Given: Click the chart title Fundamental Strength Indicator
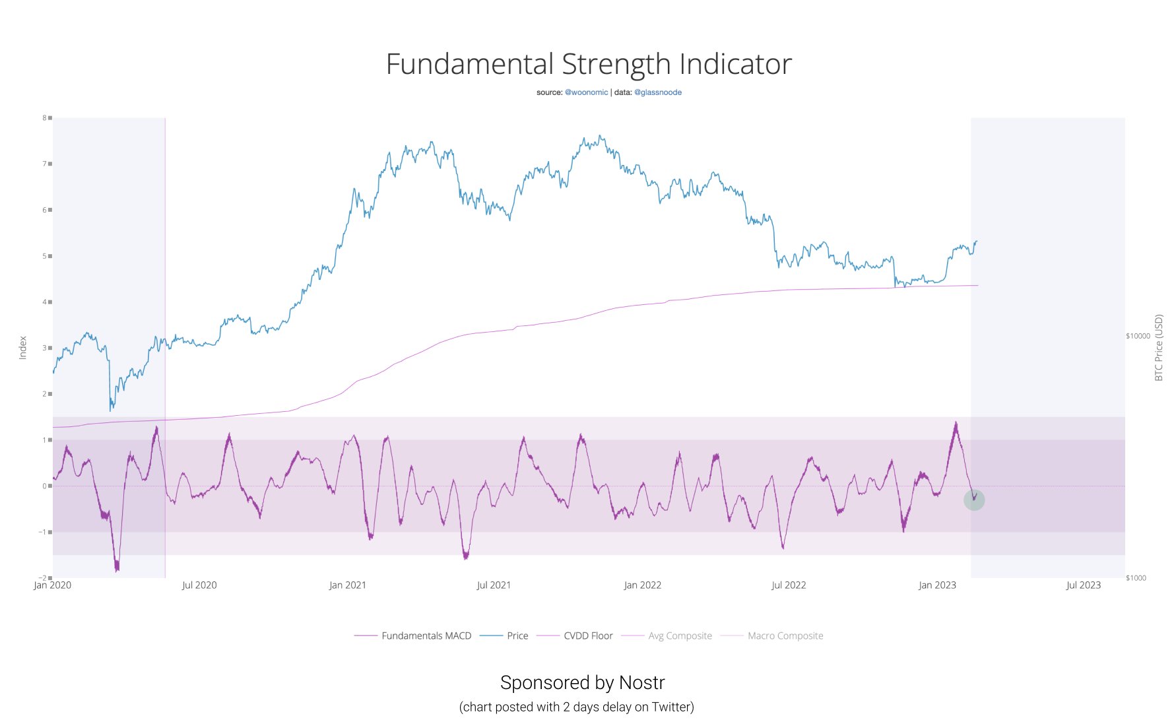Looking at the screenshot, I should pyautogui.click(x=588, y=65).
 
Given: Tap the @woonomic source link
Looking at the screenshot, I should pyautogui.click(x=586, y=92).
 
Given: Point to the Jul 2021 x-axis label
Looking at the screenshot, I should pyautogui.click(x=494, y=585).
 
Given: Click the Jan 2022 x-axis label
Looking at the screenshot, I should pyautogui.click(x=642, y=585).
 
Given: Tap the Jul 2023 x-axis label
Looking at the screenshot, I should pyautogui.click(x=1083, y=585).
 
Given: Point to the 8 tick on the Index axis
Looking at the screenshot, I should pyautogui.click(x=45, y=118).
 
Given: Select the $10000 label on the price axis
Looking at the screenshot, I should pyautogui.click(x=1138, y=336).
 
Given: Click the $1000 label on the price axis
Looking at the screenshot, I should pyautogui.click(x=1136, y=578).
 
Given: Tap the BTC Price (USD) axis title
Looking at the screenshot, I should pyautogui.click(x=1158, y=348).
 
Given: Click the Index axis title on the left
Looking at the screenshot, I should pyautogui.click(x=23, y=348).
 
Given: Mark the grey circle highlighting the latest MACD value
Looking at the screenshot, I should pyautogui.click(x=974, y=500).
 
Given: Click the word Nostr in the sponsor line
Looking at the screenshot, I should pyautogui.click(x=641, y=682).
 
